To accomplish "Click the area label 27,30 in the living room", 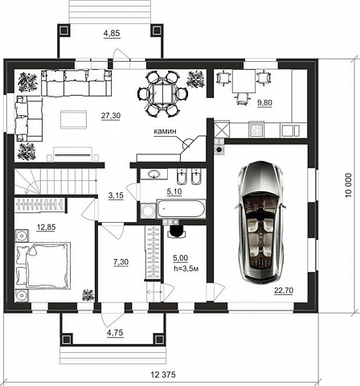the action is click(111, 116).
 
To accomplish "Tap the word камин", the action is click(165, 131).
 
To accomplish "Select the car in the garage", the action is click(259, 222).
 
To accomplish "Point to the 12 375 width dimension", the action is click(163, 375).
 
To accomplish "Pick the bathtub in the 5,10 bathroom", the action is click(181, 209).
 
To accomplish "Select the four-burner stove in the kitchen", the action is click(256, 129).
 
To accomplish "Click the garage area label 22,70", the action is click(284, 290).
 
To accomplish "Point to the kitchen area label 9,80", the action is click(264, 103).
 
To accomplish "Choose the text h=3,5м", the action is click(186, 269).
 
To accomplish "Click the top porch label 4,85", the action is click(112, 33).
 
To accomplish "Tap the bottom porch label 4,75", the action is click(115, 333).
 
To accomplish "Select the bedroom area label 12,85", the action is click(46, 228).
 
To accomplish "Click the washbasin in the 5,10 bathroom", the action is click(154, 174).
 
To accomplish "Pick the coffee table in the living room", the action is click(73, 120).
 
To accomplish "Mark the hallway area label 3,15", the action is click(116, 195).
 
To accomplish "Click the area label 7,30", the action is click(121, 261).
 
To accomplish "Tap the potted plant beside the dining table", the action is click(196, 79).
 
